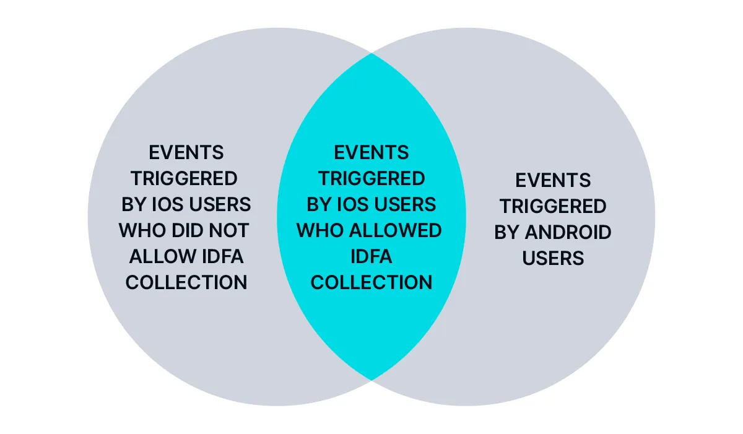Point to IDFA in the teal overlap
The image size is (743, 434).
pos(371,256)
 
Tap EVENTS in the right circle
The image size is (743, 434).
pos(553,180)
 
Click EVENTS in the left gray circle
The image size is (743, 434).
pos(186,152)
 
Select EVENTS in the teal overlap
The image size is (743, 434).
pos(371,152)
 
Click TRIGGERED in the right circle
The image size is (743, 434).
pos(553,206)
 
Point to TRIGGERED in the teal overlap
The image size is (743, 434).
pos(371,178)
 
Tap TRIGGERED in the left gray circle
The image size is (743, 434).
pos(184,178)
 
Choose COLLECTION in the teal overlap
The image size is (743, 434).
pos(371,282)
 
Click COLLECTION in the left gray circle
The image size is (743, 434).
pos(186,282)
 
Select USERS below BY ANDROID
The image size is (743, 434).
pos(553,258)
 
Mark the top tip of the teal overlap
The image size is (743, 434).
pos(371,54)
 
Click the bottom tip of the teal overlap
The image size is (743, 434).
pos(371,379)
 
